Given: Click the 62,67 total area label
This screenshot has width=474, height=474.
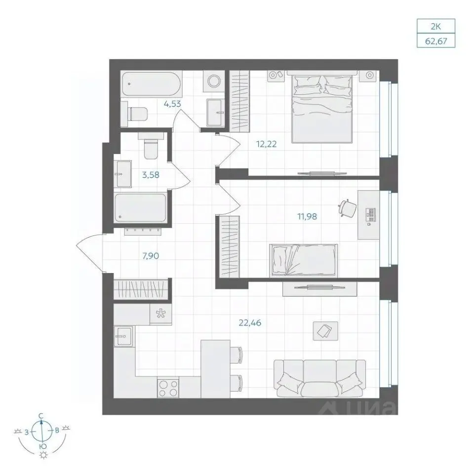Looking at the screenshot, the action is coord(436,41).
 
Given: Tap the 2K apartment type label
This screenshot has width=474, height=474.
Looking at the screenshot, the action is coord(435,27).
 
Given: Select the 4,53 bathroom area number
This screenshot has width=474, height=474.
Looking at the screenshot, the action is coord(172,104).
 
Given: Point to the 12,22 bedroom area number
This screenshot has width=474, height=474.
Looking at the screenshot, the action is coord(266,144).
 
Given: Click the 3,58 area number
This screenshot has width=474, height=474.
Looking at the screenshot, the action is coord(151,175).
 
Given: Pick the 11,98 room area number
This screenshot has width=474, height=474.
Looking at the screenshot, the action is coord(307,216).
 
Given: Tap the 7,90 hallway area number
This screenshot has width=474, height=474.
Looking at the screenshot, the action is coord(151,256).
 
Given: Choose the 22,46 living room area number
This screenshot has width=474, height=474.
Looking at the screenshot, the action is coord(250,323).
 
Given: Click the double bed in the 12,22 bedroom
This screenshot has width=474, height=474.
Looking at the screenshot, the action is coord(322,107).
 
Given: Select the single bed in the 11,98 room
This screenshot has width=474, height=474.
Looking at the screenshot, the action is coord(304,260).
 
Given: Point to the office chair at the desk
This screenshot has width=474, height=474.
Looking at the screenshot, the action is coord(348,208).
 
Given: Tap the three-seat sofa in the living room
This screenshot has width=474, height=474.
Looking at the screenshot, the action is coord(319,379).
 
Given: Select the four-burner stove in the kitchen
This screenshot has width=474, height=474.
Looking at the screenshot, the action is coord(168,389).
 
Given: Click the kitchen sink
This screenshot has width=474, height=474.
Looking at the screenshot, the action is coord(123,336).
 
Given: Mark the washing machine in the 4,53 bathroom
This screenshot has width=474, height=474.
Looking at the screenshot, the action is coord(214,81).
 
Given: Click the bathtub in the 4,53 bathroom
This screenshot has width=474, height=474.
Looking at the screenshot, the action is coord(151,84).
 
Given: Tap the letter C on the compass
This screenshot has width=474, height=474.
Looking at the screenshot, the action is coord(41,416).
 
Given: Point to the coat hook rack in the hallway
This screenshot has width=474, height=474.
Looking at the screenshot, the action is coord(143,231).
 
